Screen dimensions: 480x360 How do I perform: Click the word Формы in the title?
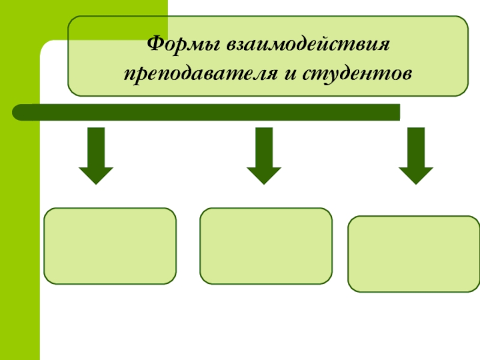point(184,44)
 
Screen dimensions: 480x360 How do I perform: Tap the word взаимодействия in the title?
point(308,44)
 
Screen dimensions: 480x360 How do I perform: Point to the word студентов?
point(357,74)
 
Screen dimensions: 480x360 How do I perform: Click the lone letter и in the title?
point(290,74)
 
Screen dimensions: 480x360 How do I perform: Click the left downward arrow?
point(96,156)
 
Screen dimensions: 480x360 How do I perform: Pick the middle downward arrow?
point(264,156)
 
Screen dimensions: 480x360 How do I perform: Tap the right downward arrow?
point(416,156)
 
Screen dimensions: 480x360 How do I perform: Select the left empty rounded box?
point(110,246)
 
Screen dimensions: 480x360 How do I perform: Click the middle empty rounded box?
point(266,246)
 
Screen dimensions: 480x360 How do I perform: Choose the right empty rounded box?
point(413,254)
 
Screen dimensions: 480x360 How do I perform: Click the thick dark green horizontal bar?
point(206,112)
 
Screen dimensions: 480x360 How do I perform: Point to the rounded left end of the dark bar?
point(13,112)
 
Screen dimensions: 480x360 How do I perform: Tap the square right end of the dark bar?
point(400,112)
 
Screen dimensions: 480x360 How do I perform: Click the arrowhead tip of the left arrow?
point(96,185)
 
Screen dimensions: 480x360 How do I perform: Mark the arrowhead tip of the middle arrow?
point(264,185)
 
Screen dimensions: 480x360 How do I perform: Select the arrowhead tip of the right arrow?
point(416,185)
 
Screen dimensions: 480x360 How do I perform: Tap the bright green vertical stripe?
point(20,214)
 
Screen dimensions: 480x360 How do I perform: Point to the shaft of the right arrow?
point(416,148)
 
